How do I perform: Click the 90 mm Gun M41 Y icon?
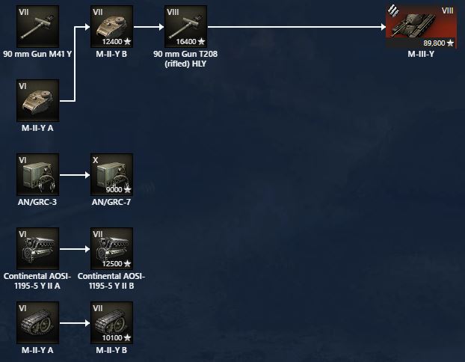[x=37, y=26]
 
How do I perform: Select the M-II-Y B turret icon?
[x=111, y=26]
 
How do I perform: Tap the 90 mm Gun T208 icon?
[x=185, y=26]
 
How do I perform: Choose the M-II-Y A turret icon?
[x=37, y=100]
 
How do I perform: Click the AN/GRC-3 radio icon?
[x=37, y=175]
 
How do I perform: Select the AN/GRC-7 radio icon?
[x=111, y=175]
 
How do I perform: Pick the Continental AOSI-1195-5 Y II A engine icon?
[x=37, y=248]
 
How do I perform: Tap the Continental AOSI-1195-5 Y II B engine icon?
[x=111, y=248]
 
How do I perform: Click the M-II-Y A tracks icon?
[x=37, y=322]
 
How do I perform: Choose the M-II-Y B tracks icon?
[x=111, y=322]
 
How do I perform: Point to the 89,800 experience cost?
[x=438, y=42]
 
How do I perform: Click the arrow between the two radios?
[x=74, y=175]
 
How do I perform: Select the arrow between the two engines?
[x=74, y=248]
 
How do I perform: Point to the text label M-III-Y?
[x=420, y=54]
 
